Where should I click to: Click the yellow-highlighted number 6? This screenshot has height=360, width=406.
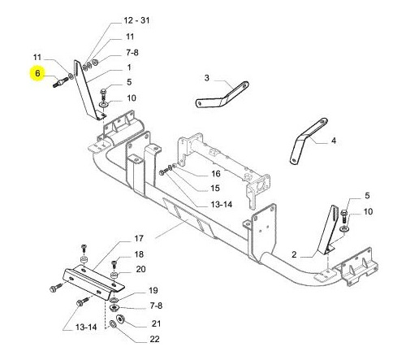[x=37, y=73]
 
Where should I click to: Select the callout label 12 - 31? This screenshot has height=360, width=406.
[x=136, y=20]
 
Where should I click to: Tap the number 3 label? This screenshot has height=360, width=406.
[x=207, y=78]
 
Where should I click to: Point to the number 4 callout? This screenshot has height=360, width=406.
[x=334, y=141]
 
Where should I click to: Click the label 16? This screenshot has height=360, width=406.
[x=216, y=174]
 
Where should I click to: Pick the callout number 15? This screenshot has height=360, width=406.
[x=215, y=189]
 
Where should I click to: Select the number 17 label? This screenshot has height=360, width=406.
[x=139, y=239]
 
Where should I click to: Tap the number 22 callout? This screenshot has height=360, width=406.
[x=154, y=339]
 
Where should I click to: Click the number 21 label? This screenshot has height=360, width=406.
[x=156, y=323]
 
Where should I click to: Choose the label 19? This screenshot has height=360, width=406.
[x=153, y=290]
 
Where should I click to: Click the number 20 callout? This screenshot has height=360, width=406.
[x=140, y=269]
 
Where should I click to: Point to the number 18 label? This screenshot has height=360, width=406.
[x=139, y=254]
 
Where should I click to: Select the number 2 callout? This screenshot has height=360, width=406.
[x=294, y=254]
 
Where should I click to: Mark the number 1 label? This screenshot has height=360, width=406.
[x=129, y=67]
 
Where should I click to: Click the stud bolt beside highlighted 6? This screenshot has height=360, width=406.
[x=60, y=82]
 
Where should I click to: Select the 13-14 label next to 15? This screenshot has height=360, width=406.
[x=222, y=204]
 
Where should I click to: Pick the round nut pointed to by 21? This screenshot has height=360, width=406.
[x=120, y=319]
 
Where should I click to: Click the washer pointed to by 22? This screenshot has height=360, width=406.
[x=113, y=323]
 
